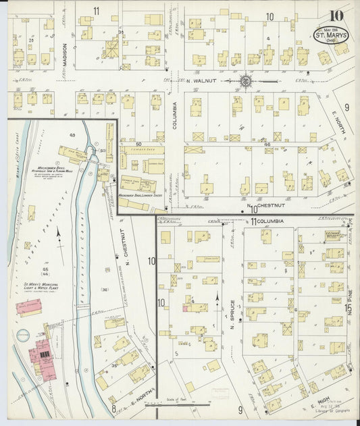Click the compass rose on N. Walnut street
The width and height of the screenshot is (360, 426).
pyautogui.click(x=246, y=82)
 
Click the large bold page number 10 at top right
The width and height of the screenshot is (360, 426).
pyautogui.click(x=337, y=16)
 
